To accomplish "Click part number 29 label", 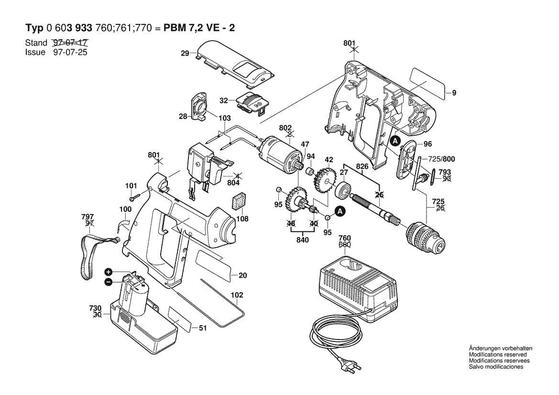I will (185, 54).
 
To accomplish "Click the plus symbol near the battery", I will (109, 272).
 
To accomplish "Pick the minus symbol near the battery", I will (109, 282).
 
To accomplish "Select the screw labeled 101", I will (133, 197).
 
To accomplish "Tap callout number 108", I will (242, 219).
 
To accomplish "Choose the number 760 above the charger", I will (345, 238).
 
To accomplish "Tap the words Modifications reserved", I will (497, 354).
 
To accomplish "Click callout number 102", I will (237, 295).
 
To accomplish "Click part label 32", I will (223, 101).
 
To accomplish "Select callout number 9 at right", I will (454, 93).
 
